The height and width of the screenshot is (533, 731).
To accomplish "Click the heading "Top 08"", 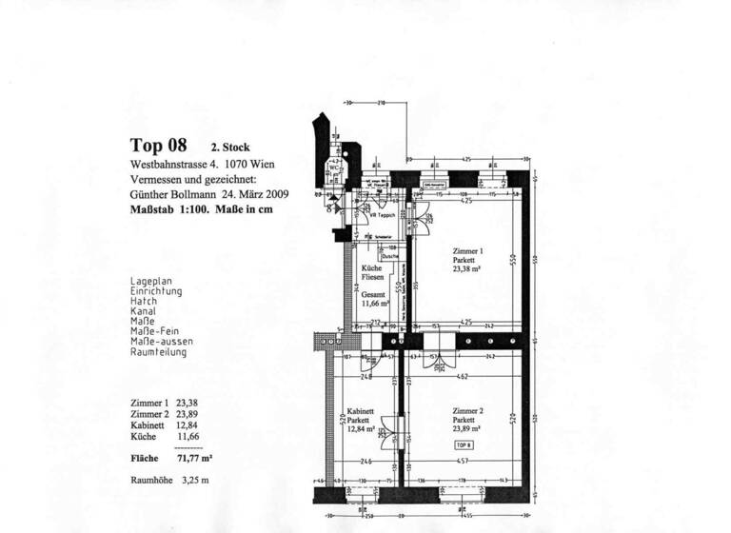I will (x=159, y=146).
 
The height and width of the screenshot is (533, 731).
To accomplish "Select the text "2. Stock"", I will (x=229, y=148).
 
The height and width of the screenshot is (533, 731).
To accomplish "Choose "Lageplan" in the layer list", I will (x=149, y=282).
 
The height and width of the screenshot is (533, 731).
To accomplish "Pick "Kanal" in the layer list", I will (x=144, y=310).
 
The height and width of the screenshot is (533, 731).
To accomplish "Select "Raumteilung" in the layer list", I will (x=158, y=352).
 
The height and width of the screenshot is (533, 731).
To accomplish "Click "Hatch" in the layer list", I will (x=144, y=301).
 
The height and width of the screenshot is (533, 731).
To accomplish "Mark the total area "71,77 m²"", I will (x=197, y=458).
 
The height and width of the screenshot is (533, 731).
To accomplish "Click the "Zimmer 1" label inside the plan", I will (x=467, y=251).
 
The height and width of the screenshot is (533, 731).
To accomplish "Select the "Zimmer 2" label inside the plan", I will (x=467, y=410).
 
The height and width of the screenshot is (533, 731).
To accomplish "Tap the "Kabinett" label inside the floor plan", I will (x=360, y=411).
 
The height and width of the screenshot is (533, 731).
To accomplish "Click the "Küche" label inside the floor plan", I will (x=372, y=269).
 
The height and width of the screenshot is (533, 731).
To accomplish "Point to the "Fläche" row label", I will (x=143, y=458).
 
